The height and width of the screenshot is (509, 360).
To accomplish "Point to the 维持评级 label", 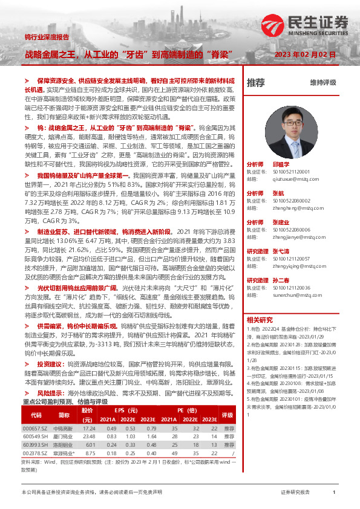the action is coord(322,82).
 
